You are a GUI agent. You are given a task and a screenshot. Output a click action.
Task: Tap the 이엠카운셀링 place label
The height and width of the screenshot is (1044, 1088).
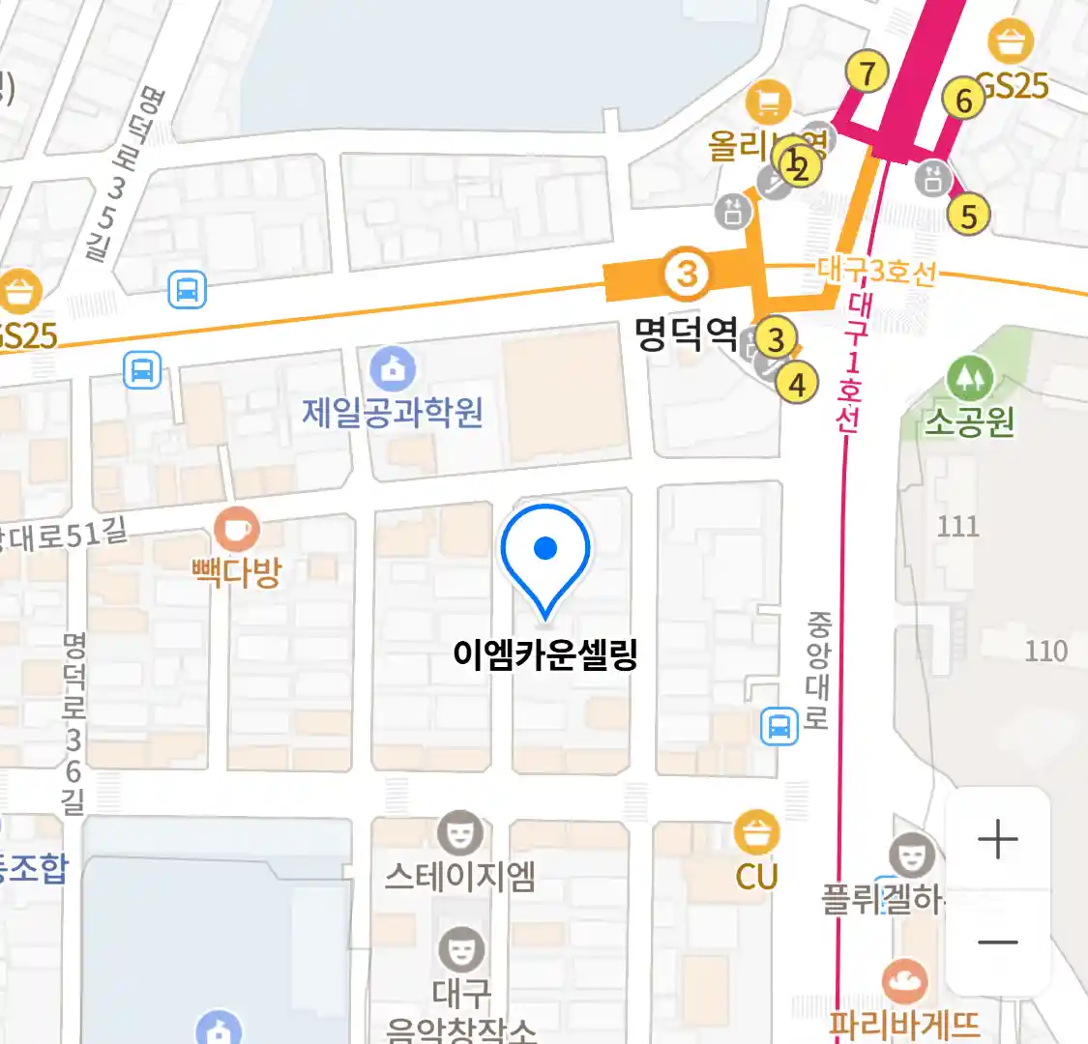[x=544, y=654]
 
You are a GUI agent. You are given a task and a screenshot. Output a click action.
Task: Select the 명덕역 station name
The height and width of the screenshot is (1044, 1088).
[x=686, y=334]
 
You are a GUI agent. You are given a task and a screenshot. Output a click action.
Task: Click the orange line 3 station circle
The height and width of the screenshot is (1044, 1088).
[x=687, y=275]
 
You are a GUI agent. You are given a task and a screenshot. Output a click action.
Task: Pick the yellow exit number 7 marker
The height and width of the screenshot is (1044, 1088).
[x=867, y=72]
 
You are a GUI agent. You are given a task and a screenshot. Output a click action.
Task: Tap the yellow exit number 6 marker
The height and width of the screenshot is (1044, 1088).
[x=963, y=100]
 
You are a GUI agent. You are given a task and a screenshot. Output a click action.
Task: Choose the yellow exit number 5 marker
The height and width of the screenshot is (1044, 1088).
[x=969, y=215]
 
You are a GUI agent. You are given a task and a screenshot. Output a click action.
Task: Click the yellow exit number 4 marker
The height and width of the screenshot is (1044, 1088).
[x=797, y=384]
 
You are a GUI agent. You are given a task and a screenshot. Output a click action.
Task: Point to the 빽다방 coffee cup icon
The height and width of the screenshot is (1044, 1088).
[x=237, y=530]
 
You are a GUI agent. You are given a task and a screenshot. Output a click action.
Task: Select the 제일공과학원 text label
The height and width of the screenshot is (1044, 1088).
[x=393, y=413]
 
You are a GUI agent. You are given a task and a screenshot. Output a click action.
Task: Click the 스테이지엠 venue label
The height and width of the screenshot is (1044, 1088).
[x=459, y=876]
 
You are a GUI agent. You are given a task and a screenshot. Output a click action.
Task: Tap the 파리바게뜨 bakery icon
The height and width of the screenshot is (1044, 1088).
[x=905, y=982]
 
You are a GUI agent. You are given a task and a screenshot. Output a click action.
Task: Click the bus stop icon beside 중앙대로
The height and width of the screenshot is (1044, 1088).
[x=779, y=725]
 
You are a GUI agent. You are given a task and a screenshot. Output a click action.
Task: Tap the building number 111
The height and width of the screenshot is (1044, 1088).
[x=957, y=526]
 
